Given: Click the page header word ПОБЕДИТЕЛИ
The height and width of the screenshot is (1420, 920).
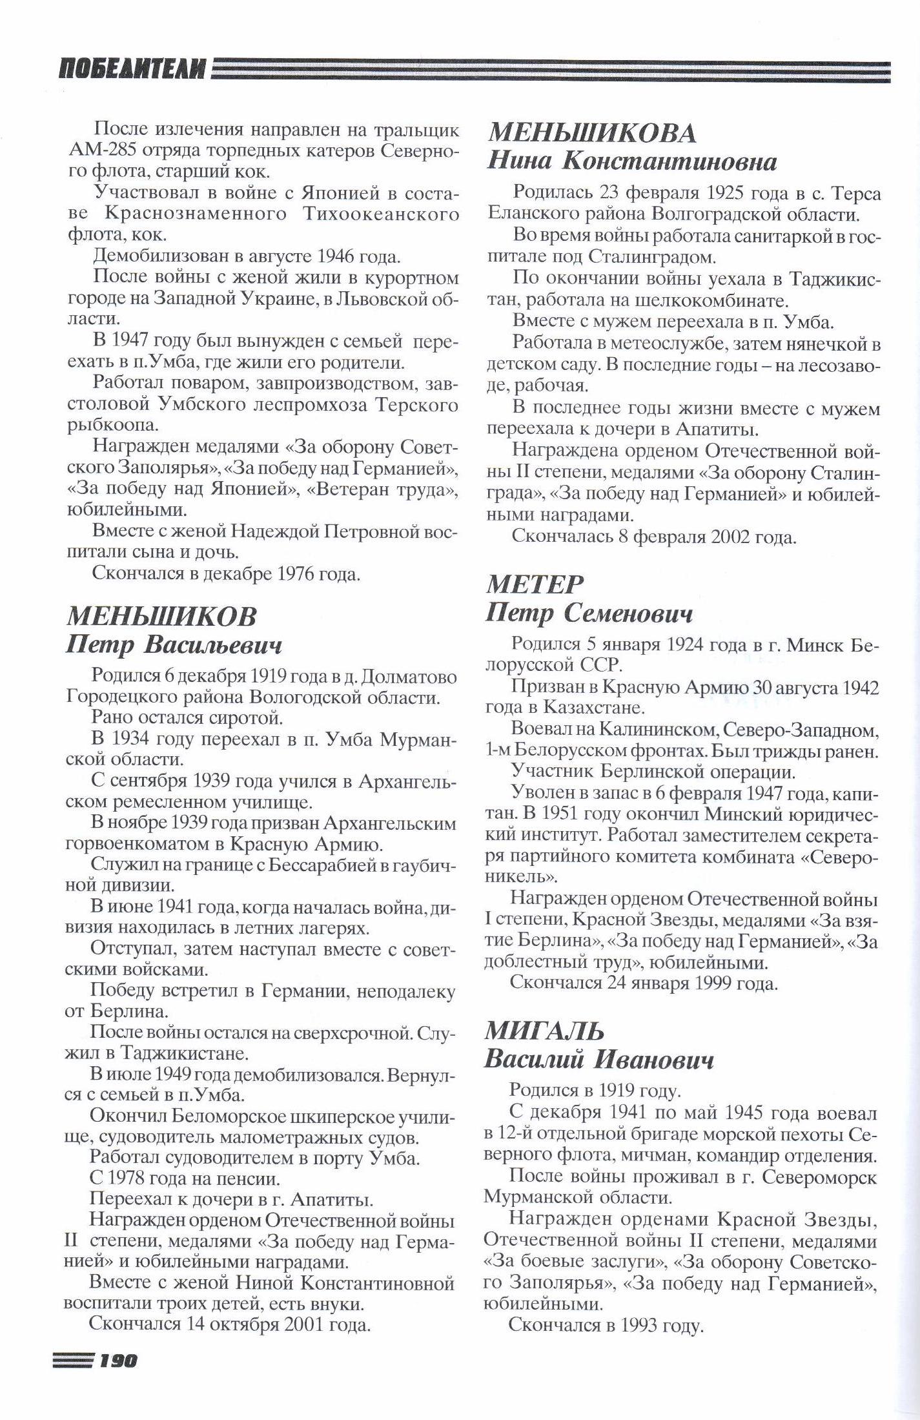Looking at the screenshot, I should point(133,68).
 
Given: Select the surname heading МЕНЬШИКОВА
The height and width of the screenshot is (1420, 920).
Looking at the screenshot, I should point(591,133).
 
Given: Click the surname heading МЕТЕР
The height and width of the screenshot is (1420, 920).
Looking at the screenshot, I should point(534,584).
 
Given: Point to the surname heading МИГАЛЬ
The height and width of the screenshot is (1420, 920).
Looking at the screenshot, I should point(544,1031).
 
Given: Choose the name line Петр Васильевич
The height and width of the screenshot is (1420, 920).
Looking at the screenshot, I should point(174,645).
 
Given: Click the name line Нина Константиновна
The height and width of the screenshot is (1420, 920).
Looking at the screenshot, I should point(631,161).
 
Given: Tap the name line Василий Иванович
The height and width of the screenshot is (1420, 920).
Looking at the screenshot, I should point(599,1060).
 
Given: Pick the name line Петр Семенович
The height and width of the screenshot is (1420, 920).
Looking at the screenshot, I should point(589,613).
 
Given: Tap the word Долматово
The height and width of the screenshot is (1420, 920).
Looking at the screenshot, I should point(409,677).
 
